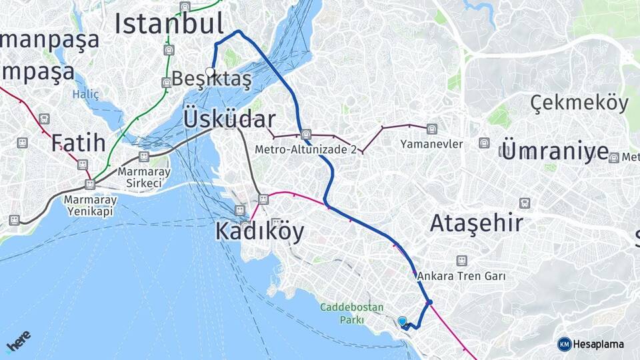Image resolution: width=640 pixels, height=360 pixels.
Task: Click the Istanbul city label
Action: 169,23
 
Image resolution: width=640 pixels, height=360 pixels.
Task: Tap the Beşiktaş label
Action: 212,79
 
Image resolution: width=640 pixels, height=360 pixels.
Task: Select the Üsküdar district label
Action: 229,119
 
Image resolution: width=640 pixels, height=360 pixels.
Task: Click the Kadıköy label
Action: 259,231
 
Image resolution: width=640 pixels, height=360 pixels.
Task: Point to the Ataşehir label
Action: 476,223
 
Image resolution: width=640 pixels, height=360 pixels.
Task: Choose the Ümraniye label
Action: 555,151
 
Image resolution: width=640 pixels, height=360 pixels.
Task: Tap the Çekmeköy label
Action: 579,103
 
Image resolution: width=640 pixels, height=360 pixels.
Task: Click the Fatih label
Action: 79,142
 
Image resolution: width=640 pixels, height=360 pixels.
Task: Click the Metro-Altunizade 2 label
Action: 306,149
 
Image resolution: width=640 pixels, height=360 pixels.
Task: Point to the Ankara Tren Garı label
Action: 461,275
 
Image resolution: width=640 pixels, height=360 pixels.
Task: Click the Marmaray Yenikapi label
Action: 91,205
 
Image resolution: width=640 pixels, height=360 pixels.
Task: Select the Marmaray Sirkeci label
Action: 144,177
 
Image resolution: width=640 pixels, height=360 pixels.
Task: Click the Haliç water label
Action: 85,95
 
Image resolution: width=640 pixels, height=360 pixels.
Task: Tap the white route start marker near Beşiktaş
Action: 210,71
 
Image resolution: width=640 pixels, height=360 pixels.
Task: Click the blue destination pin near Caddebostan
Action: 403,321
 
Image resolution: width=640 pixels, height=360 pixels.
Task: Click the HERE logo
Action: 19,341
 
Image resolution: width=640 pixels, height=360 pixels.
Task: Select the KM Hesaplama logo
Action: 591,344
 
